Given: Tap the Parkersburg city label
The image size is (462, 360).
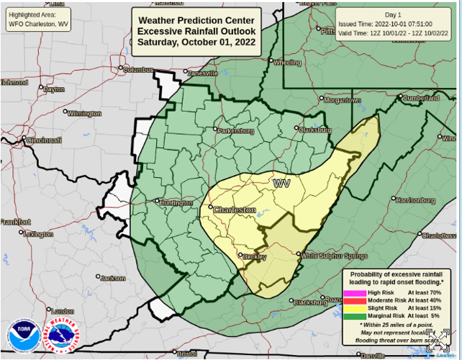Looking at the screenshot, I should point(236,131).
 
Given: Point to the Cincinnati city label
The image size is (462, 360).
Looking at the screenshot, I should point(44,140).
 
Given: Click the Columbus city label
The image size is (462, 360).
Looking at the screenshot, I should point(138,70).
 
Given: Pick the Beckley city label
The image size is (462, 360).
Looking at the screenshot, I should point(254,257).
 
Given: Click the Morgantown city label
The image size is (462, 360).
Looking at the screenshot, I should point(341,100).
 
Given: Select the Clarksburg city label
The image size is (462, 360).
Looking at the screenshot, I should point(315,130).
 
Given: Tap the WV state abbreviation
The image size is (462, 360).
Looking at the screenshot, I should point(281,184).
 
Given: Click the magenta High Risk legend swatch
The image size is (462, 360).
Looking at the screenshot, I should point(354,293).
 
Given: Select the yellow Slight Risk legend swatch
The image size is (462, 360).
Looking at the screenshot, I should point(354,307).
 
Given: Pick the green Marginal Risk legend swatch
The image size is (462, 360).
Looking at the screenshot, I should point(354,315).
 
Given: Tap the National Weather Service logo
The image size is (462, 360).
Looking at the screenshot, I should point(62,336).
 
